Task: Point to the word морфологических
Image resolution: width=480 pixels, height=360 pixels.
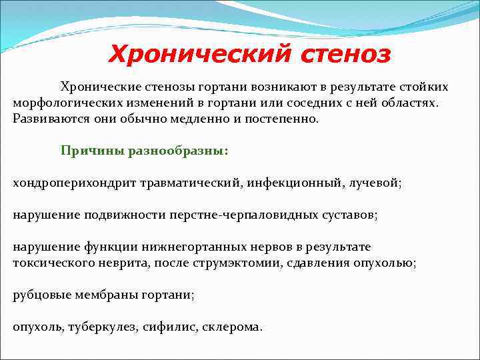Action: [x=65, y=103]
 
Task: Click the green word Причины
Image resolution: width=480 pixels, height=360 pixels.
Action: [x=87, y=151]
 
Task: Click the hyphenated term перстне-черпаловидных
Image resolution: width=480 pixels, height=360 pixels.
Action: [x=249, y=215]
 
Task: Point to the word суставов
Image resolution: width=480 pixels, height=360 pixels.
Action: [x=349, y=215]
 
